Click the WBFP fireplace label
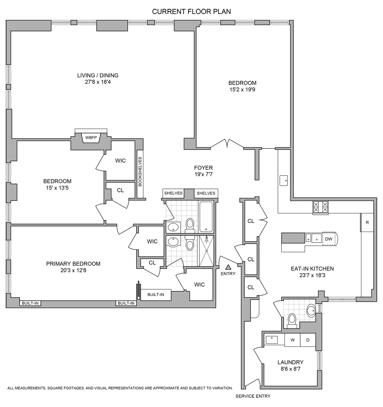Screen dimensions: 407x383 tap(91, 138)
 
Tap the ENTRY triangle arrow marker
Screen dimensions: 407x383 tap(228, 267)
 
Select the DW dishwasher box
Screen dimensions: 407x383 tap(328, 239)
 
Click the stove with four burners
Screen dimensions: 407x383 tap(320, 207)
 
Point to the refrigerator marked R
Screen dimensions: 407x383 tap(367, 222)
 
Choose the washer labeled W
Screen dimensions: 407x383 tap(292, 340)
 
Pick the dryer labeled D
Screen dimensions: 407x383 tap(308, 340)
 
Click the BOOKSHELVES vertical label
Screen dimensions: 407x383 tap(140, 171)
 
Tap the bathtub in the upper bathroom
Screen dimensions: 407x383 tap(206, 217)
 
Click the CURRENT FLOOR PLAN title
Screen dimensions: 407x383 tap(191, 12)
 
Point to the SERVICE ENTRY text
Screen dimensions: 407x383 tap(253, 396)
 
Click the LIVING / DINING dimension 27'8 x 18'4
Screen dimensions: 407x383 tap(98, 82)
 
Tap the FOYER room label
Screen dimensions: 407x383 tap(203, 168)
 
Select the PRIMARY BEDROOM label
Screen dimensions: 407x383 tap(73, 264)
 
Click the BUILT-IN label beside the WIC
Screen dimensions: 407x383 tap(156, 295)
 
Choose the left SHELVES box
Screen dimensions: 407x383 tap(173, 193)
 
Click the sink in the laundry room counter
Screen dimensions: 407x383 tap(272, 340)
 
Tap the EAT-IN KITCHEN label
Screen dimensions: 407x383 tap(312, 269)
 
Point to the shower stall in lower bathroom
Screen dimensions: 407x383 tap(207, 251)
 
